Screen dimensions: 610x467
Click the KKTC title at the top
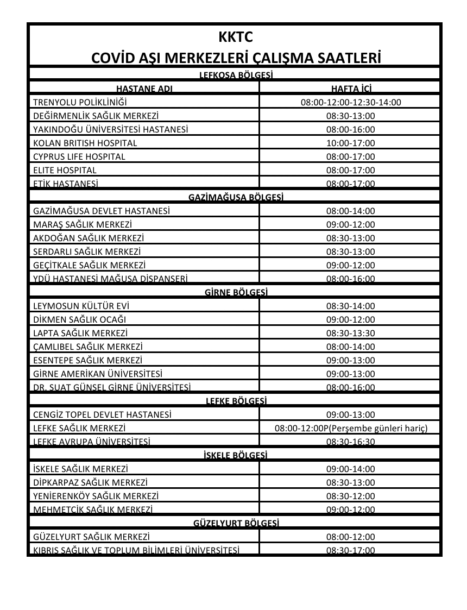pos(235,37)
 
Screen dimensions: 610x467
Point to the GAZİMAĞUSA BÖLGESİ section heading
pos(235,197)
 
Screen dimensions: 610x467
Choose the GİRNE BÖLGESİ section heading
pos(235,292)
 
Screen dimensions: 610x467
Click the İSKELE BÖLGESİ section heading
pos(235,455)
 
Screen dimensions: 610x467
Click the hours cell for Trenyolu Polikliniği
pos(350,102)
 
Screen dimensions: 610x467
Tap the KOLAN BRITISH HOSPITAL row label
pos(85,143)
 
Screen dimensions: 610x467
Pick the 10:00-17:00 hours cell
pos(350,143)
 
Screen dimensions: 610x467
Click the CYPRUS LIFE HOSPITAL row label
pos(79,156)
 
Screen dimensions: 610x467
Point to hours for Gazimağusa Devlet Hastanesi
pos(350,211)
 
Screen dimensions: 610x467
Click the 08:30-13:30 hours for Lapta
pos(350,333)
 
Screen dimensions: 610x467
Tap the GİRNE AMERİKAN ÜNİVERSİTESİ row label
pos(98,374)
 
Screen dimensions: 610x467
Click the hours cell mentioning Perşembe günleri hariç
pos(351,428)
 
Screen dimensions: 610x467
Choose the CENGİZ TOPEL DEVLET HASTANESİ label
pos(102,414)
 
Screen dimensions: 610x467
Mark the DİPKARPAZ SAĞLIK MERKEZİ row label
pos(90,482)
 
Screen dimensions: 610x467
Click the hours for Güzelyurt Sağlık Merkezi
pos(350,537)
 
